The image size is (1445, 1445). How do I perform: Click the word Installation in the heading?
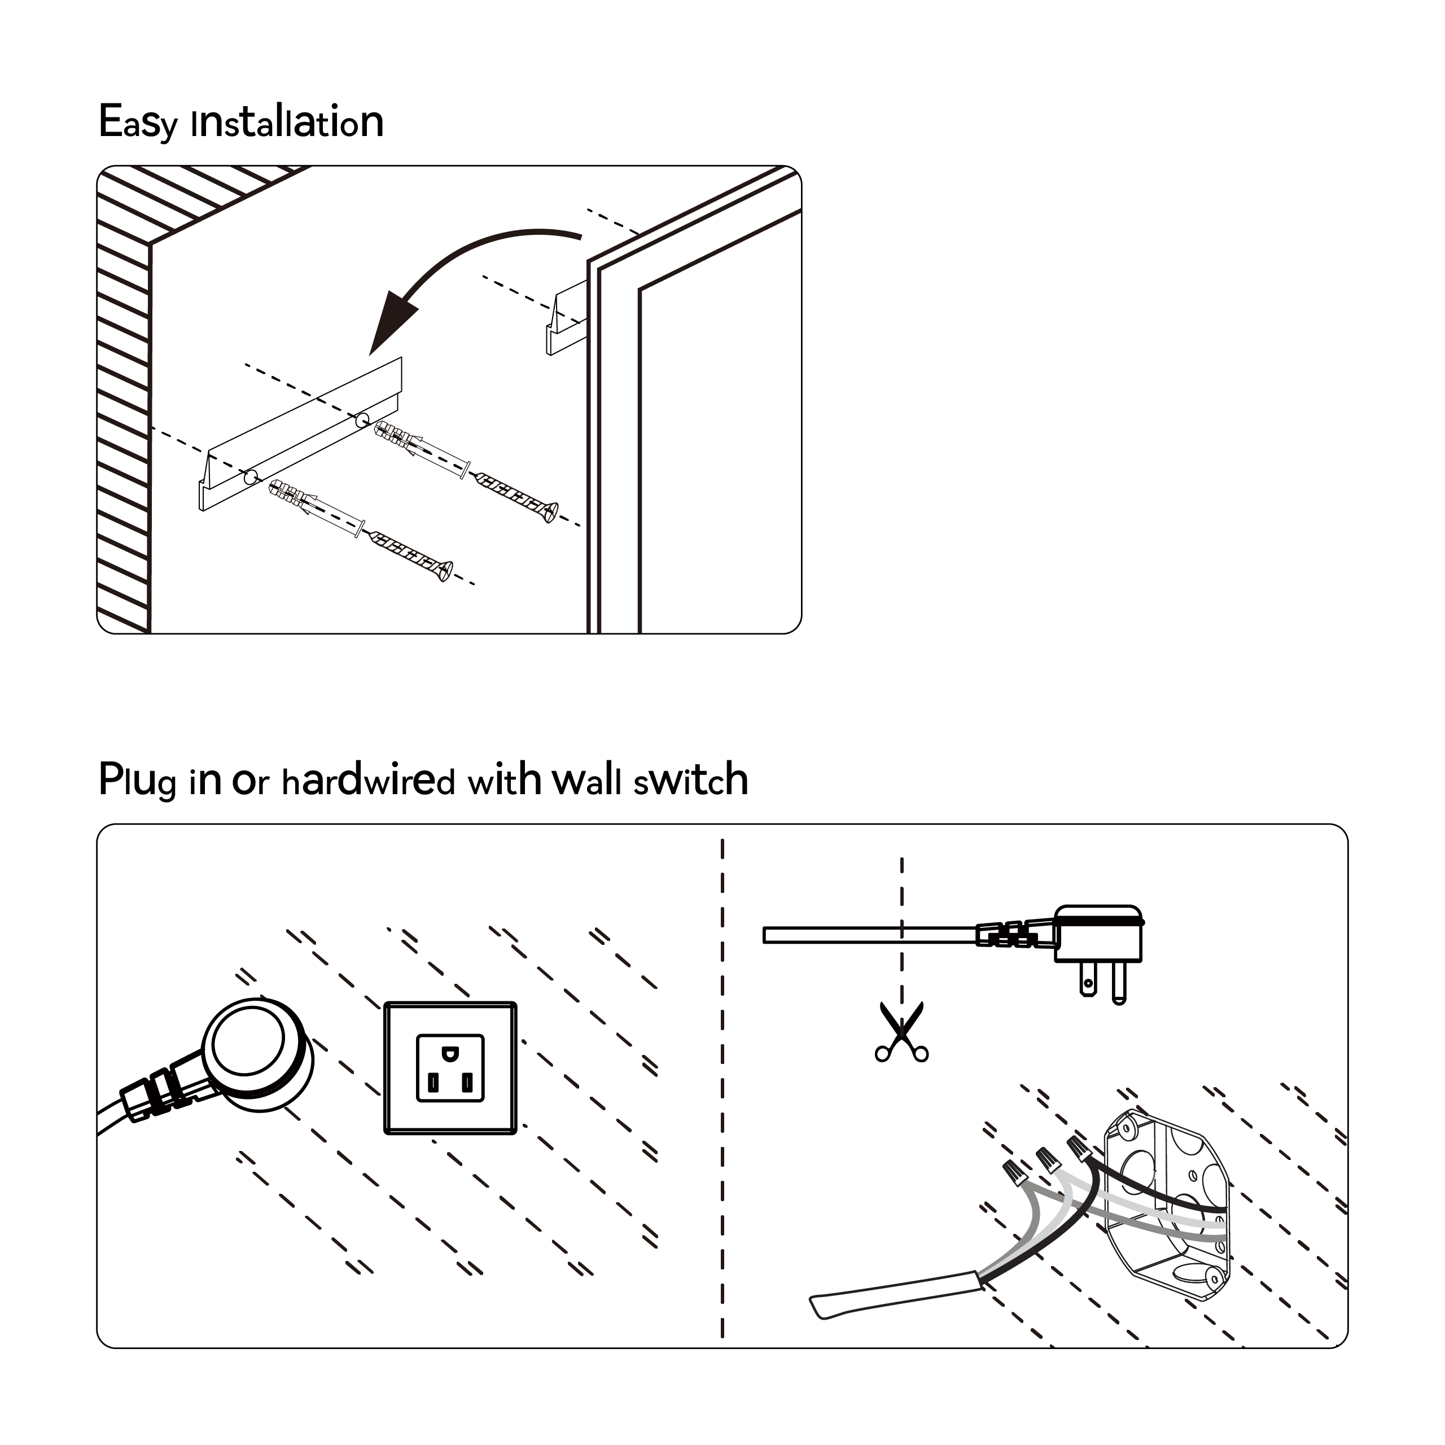(x=288, y=122)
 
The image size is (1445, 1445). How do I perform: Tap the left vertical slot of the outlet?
(x=432, y=1082)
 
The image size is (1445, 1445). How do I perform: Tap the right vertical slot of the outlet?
(x=467, y=1082)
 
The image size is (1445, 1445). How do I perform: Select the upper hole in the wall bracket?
(x=362, y=419)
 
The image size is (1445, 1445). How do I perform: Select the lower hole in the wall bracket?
(x=251, y=476)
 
